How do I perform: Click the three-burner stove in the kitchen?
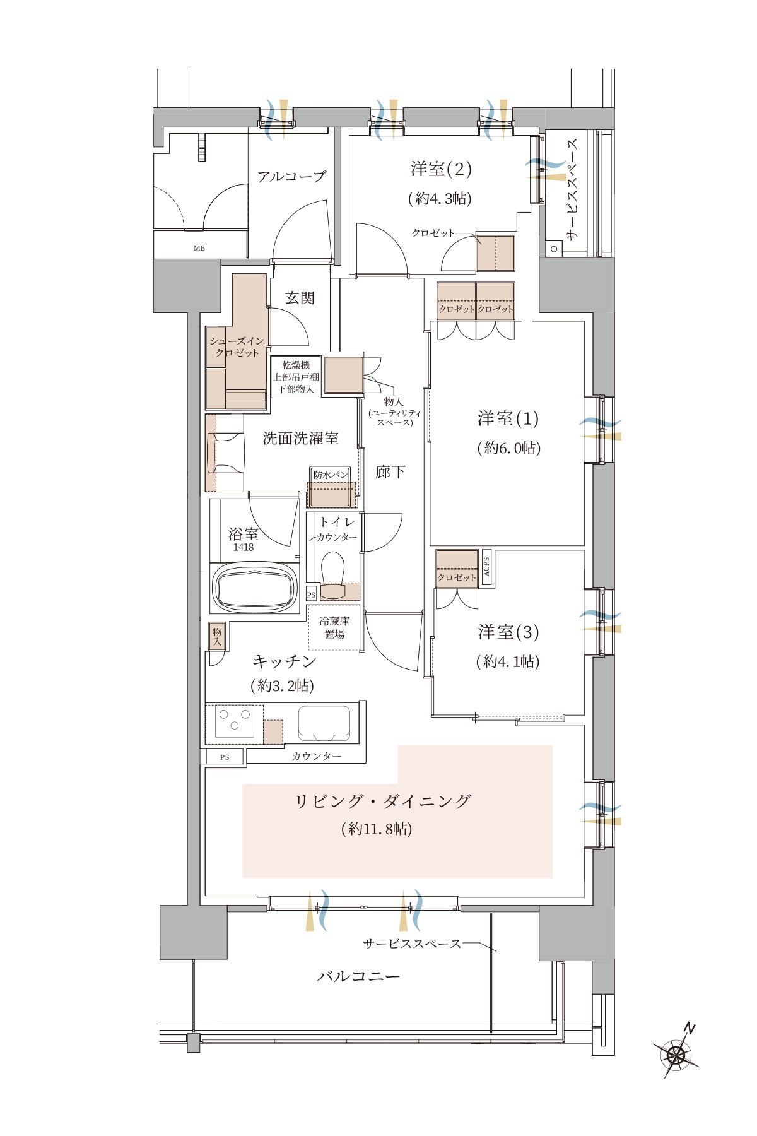coord(234,720)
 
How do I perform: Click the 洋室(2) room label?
coord(441,169)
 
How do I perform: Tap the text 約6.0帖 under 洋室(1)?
coord(508,448)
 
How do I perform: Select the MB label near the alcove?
coord(199,248)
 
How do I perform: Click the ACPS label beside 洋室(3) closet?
coord(486,565)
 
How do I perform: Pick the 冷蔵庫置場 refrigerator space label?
coord(334,628)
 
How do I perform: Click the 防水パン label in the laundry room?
coord(331,475)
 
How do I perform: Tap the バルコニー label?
coord(358,976)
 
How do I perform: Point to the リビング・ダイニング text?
coord(383,802)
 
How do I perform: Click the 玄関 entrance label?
coord(300,298)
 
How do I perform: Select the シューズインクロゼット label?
coord(237,347)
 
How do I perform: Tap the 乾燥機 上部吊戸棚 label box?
coord(296,377)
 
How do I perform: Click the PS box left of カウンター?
coord(225,757)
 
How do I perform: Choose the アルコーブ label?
coord(291,177)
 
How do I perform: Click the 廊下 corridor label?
coord(390,472)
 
